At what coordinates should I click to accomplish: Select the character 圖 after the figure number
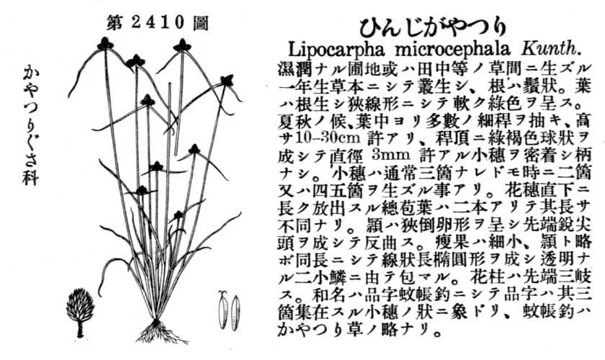pyautogui.click(x=201, y=23)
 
